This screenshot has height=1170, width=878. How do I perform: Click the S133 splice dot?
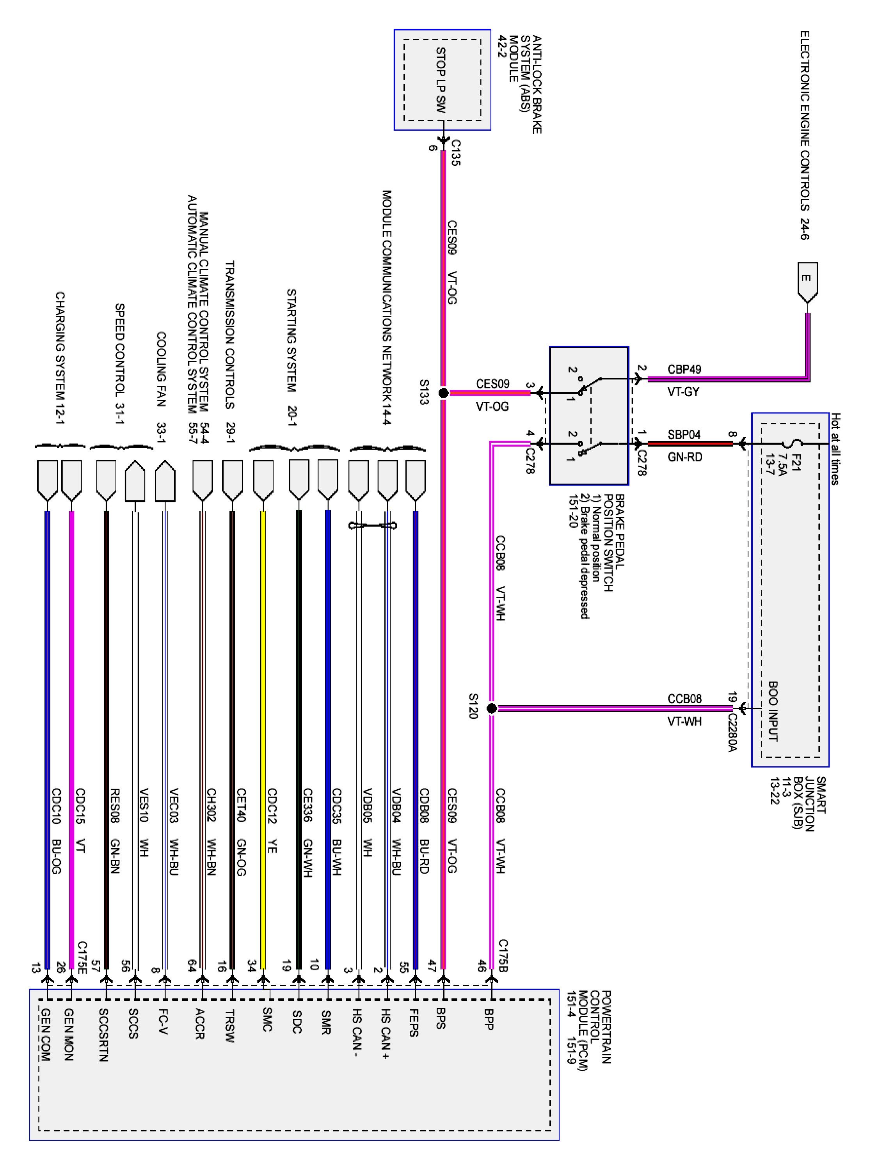[x=443, y=393]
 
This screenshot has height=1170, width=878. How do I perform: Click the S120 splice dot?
[x=491, y=708]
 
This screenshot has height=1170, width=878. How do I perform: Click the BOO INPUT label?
[x=773, y=711]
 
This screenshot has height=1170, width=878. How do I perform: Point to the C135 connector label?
[x=455, y=153]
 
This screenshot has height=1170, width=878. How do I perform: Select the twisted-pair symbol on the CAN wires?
[x=373, y=525]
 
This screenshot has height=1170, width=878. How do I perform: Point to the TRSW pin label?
[x=229, y=1026]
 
